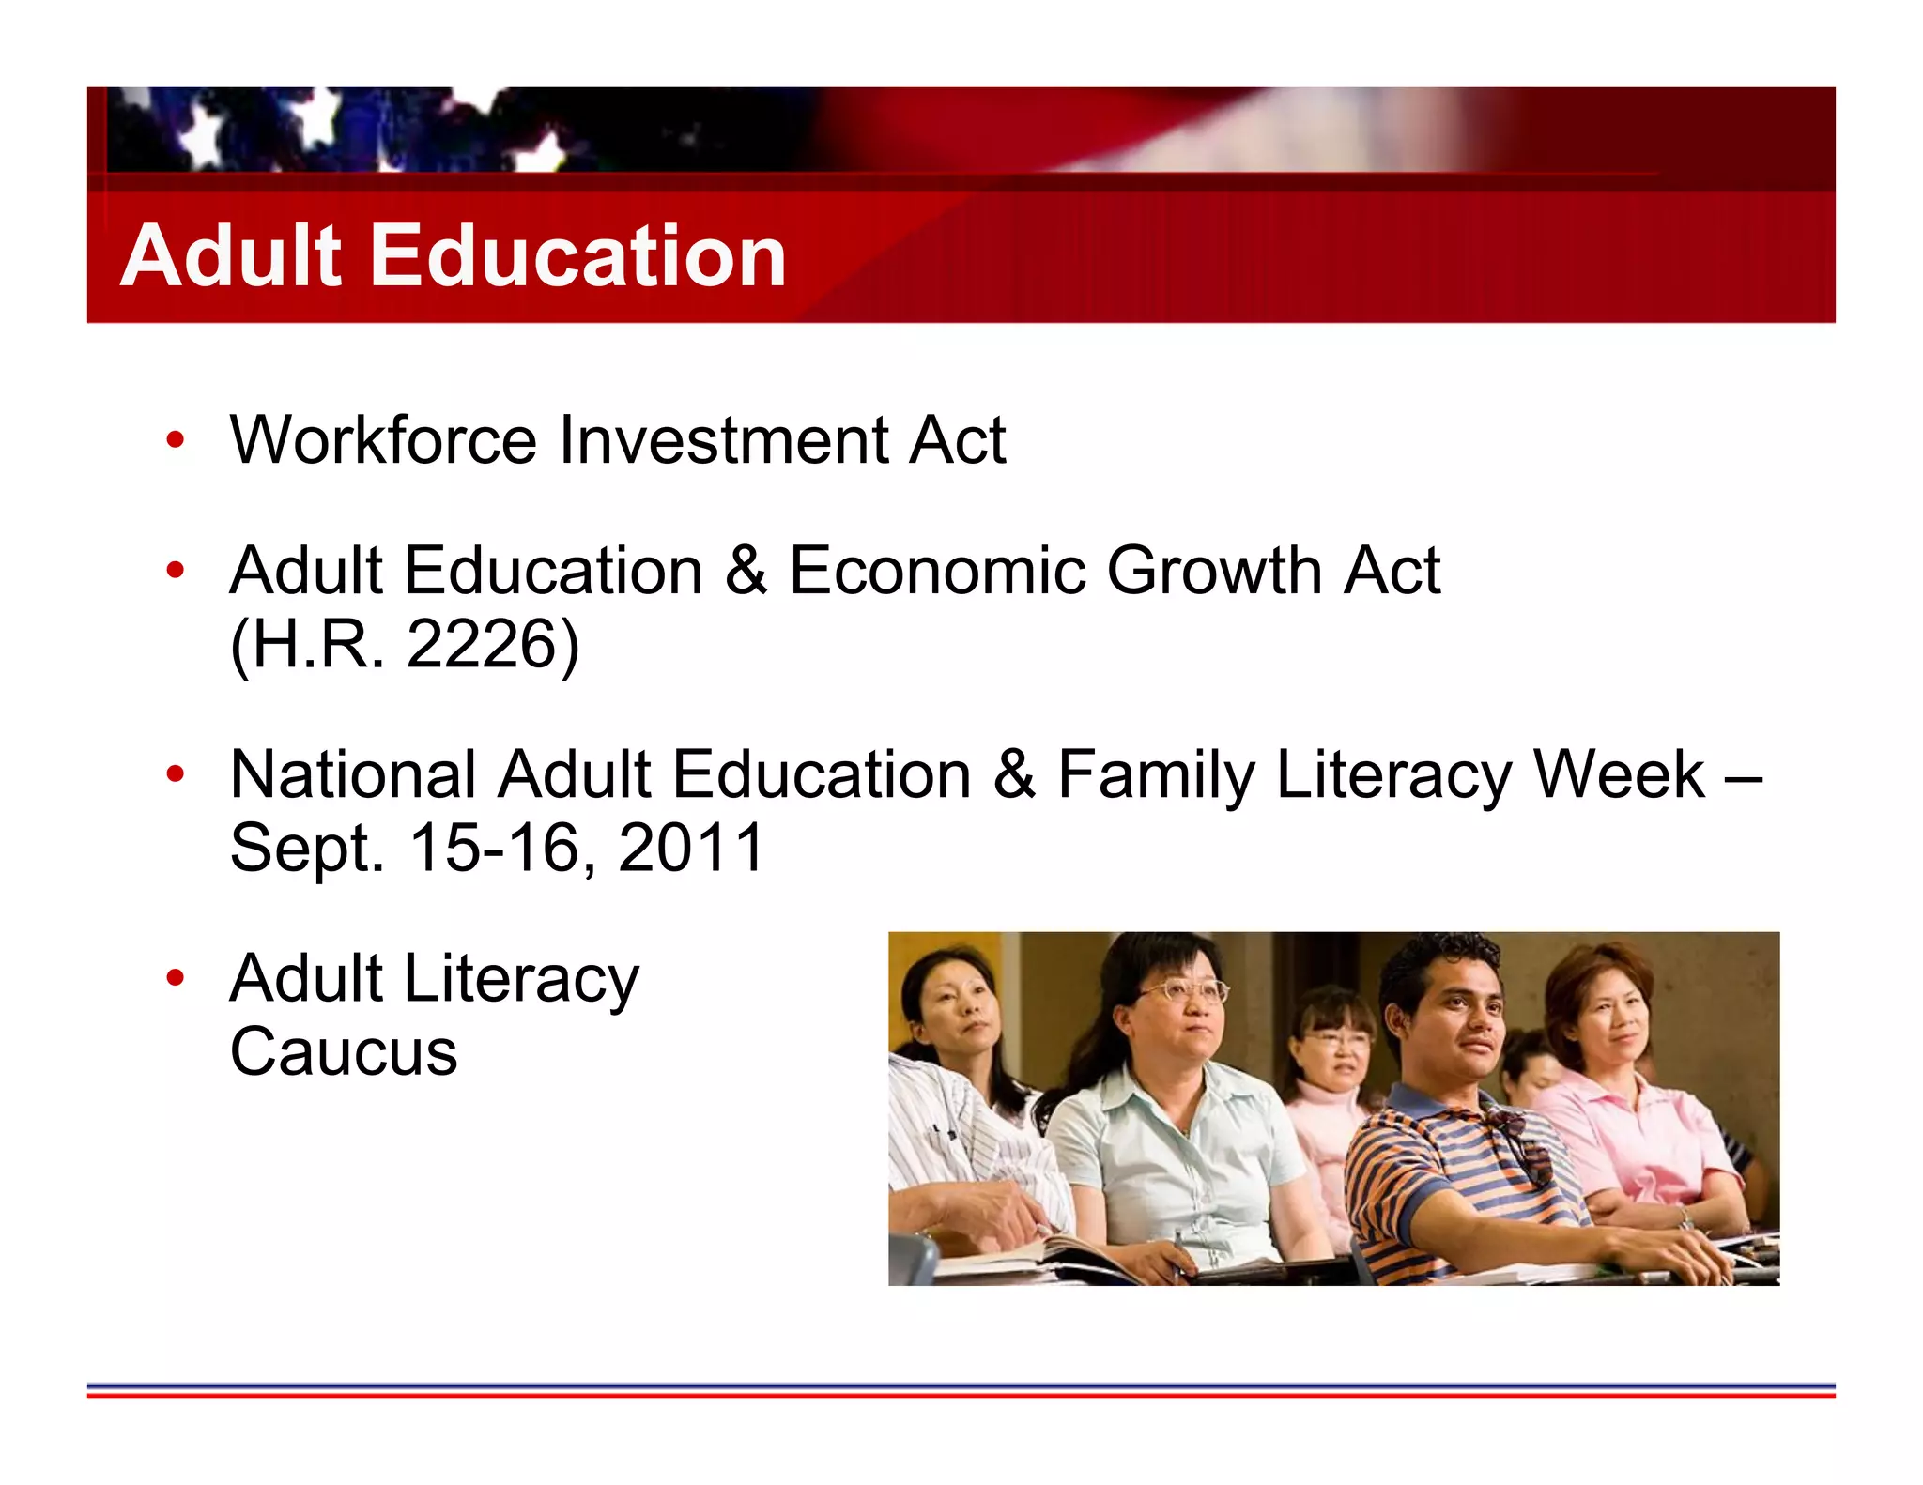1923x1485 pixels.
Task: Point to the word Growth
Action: (1215, 571)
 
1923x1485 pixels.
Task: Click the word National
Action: (353, 775)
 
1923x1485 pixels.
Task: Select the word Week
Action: (1618, 775)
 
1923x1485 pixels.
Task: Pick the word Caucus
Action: (344, 1052)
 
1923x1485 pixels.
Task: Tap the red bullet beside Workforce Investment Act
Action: (175, 439)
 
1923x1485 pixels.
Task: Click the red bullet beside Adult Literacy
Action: (175, 978)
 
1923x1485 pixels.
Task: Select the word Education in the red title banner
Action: (578, 255)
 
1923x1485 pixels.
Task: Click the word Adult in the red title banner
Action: (231, 255)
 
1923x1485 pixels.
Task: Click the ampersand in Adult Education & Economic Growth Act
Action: (746, 571)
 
